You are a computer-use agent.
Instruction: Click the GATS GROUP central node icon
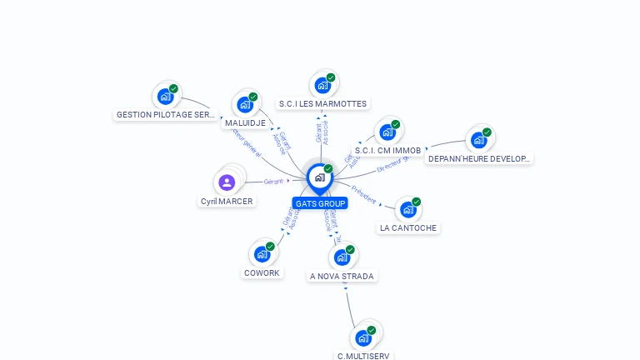tap(318, 177)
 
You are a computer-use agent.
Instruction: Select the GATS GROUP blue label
tap(320, 203)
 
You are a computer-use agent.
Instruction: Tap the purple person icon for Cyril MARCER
tap(227, 182)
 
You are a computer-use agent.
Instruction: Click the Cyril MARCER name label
tap(227, 201)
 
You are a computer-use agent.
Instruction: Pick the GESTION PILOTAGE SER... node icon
tap(165, 97)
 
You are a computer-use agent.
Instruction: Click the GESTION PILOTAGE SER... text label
tap(166, 115)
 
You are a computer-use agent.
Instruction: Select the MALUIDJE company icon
tap(244, 105)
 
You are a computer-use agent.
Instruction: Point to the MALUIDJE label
tap(245, 123)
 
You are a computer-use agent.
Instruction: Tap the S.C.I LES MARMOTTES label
tap(322, 104)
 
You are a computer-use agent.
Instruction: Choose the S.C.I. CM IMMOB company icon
tap(387, 132)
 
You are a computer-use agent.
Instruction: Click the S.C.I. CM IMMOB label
tap(387, 151)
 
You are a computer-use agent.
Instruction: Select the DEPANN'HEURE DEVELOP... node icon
tap(478, 140)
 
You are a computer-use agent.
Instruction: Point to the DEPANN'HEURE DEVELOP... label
tap(479, 158)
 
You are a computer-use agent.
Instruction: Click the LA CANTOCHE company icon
tap(407, 209)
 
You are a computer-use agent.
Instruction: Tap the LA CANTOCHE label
tap(408, 227)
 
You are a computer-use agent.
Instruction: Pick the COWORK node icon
tap(262, 254)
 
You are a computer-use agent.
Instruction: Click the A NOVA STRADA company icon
tap(342, 257)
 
